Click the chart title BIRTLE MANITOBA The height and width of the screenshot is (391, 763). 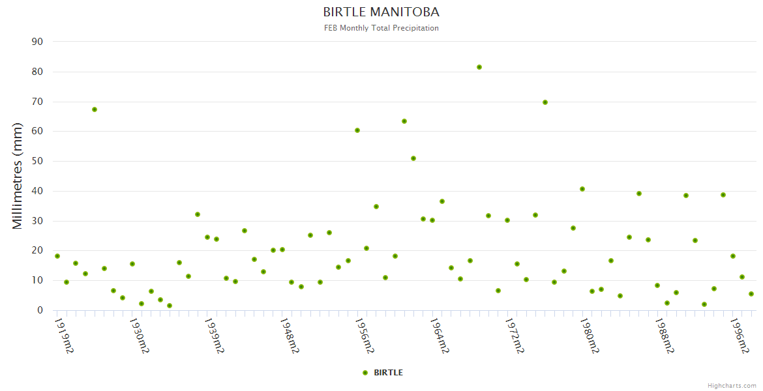pyautogui.click(x=381, y=12)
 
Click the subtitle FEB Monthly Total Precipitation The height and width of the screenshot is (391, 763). pyautogui.click(x=381, y=28)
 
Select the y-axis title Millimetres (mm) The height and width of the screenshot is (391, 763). pyautogui.click(x=18, y=176)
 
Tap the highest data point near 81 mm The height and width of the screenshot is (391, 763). pyautogui.click(x=479, y=67)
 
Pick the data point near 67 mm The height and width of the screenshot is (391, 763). pyautogui.click(x=95, y=109)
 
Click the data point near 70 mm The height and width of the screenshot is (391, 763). pyautogui.click(x=545, y=102)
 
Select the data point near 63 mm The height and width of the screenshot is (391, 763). pyautogui.click(x=404, y=121)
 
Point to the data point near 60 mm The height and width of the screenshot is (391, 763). pyautogui.click(x=357, y=130)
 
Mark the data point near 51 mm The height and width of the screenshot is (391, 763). pyautogui.click(x=413, y=158)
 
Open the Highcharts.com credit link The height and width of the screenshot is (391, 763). pyautogui.click(x=732, y=386)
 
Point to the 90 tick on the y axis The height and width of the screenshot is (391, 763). pyautogui.click(x=37, y=42)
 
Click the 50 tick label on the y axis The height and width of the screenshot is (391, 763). pyautogui.click(x=37, y=161)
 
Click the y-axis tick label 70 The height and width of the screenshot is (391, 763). pyautogui.click(x=37, y=102)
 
